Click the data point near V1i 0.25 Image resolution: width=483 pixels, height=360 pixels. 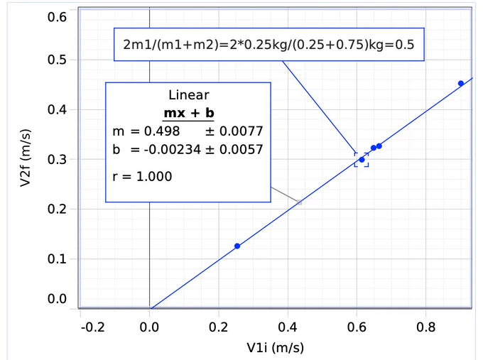(x=237, y=246)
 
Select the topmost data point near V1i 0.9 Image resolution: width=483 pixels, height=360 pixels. (x=461, y=84)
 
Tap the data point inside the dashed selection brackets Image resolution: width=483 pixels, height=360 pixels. (x=362, y=160)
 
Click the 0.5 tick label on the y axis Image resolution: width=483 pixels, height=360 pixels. (x=57, y=60)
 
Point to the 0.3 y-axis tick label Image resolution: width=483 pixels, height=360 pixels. (x=57, y=160)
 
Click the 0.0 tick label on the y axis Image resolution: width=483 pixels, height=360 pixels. (x=57, y=299)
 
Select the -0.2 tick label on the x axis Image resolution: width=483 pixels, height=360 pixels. (x=93, y=327)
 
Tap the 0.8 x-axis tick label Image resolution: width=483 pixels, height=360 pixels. (x=425, y=327)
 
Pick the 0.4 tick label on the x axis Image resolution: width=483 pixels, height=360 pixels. (x=288, y=327)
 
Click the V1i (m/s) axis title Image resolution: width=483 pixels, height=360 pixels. (x=276, y=348)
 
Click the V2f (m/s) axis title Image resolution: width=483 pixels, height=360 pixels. (x=26, y=158)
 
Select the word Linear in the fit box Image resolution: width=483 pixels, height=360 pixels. (x=189, y=95)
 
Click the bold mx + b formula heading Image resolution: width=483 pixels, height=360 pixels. (x=189, y=113)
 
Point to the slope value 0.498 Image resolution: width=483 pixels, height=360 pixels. (x=162, y=131)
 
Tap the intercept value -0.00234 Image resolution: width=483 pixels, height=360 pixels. (x=165, y=150)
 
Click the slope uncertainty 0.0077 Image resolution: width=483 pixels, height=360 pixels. (x=241, y=131)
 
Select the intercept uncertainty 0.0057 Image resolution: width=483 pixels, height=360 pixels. (x=241, y=150)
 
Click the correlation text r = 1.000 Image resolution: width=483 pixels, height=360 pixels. (x=142, y=177)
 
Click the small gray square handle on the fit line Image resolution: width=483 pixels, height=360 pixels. (x=300, y=202)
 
